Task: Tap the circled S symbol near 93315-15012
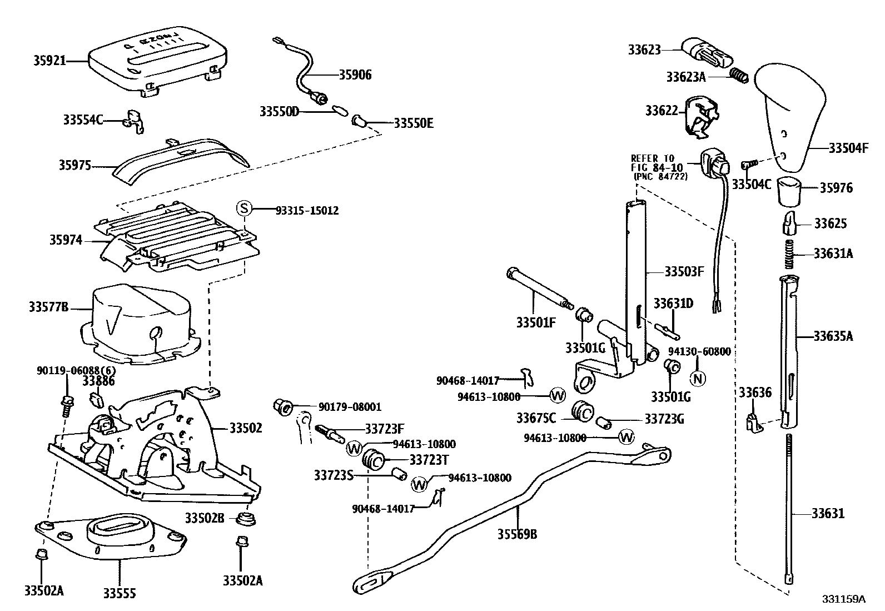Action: (x=245, y=209)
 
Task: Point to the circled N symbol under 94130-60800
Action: (x=698, y=378)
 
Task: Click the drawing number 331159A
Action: (x=844, y=599)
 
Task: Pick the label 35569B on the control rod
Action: (x=517, y=534)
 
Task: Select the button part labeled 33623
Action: (x=706, y=52)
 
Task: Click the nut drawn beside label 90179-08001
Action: (x=284, y=407)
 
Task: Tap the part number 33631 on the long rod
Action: (x=827, y=513)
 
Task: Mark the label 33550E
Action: (x=413, y=123)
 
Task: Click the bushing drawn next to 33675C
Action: (x=583, y=411)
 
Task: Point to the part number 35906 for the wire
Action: (x=355, y=74)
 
